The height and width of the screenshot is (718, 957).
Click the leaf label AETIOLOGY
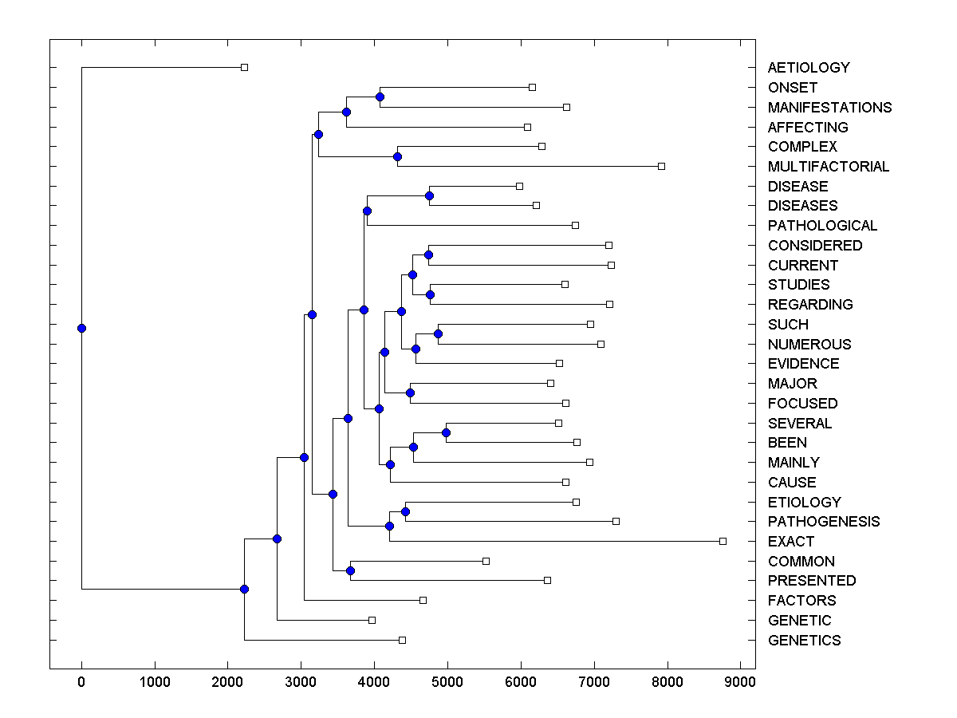point(809,68)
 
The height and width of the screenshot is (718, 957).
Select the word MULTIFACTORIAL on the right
point(829,167)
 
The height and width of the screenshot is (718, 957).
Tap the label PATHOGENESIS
point(824,522)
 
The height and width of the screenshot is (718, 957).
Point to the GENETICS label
point(804,641)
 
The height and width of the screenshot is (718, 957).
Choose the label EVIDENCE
point(804,364)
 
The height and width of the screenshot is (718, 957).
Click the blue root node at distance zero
point(81,328)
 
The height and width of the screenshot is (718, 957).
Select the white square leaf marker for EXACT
point(723,541)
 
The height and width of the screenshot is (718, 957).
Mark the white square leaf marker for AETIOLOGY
point(245,67)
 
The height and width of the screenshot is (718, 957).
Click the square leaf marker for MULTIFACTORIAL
point(661,166)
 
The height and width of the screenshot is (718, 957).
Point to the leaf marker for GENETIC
point(372,620)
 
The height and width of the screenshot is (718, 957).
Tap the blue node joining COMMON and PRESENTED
point(350,570)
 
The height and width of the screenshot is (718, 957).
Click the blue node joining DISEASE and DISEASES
point(429,195)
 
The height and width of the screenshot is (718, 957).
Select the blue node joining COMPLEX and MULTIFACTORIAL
point(397,156)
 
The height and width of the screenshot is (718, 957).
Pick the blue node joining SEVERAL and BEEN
point(446,432)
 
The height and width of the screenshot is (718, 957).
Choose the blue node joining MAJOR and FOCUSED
point(410,393)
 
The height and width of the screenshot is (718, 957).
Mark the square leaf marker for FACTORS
point(423,600)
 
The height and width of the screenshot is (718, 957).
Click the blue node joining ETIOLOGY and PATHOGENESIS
point(405,511)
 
